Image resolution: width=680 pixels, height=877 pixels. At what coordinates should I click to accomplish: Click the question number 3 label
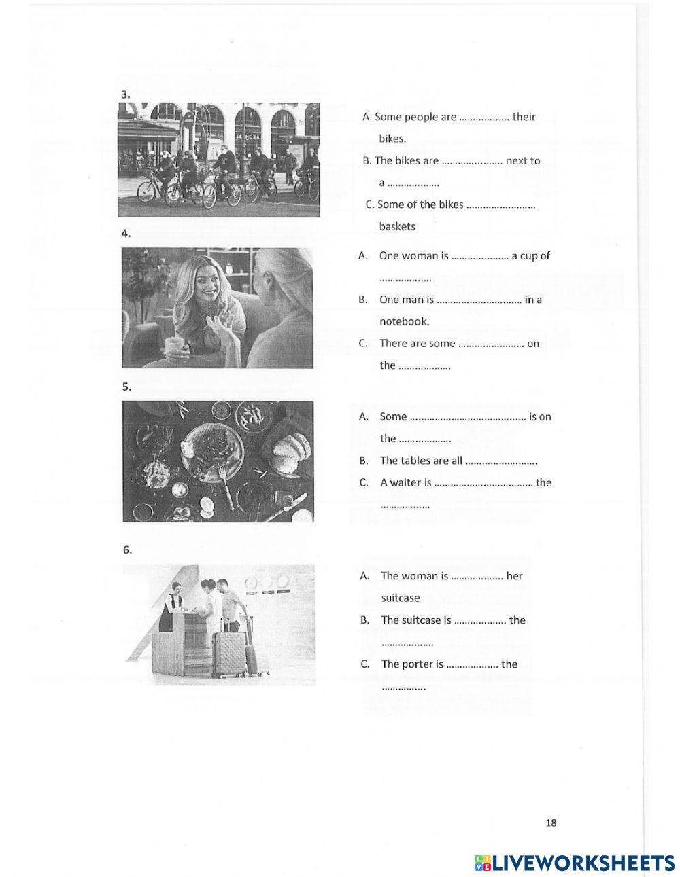[125, 95]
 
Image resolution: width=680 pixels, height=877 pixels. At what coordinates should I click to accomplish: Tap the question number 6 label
[127, 550]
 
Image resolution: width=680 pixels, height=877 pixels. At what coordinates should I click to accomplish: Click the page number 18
[550, 823]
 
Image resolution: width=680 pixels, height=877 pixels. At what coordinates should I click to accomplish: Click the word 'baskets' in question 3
[397, 226]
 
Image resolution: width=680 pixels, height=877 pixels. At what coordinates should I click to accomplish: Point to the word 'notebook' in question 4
[404, 321]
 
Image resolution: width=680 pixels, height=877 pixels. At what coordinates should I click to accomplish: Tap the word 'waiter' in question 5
[405, 482]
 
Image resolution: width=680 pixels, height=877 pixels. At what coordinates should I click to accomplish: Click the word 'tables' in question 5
[415, 461]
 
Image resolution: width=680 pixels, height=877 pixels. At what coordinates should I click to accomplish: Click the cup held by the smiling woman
[176, 346]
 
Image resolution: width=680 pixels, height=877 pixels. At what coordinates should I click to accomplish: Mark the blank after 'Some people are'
[484, 118]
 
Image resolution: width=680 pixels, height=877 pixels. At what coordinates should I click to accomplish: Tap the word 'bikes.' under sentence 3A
[392, 139]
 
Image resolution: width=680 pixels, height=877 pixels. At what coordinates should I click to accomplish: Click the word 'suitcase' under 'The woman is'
[401, 598]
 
